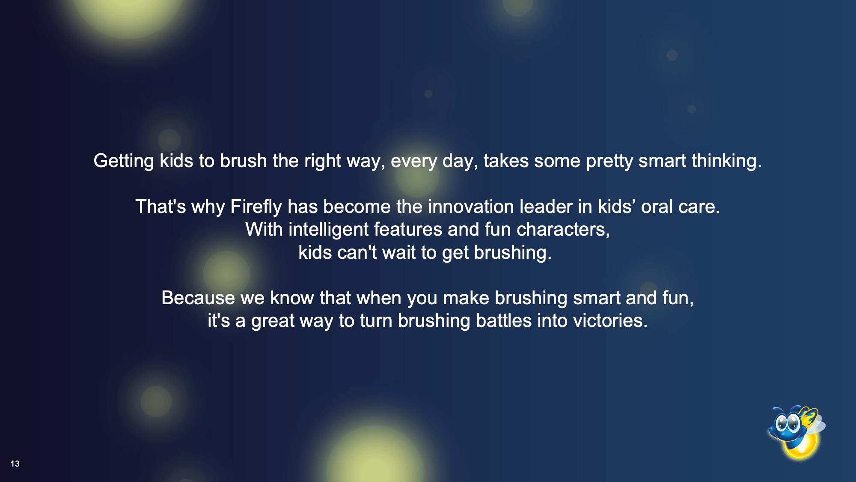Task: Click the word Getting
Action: pos(124,162)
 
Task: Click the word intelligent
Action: pos(328,230)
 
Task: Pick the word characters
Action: pos(563,230)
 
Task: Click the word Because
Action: pos(198,298)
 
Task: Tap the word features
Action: pos(408,230)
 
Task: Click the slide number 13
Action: pos(15,464)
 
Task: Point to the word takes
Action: pos(506,162)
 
